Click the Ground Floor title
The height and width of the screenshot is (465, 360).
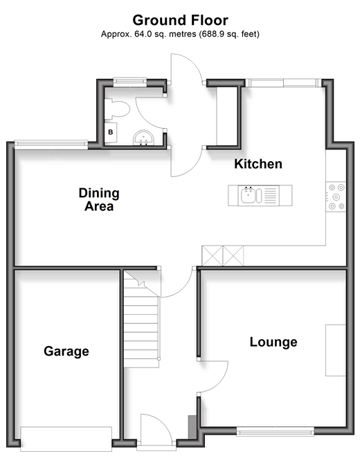pos(180,21)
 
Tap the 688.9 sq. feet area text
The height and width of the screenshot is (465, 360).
pos(229,34)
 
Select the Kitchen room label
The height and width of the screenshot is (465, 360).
pos(258,164)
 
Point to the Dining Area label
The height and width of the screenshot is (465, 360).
pos(99,199)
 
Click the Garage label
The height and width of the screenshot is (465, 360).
pos(66,352)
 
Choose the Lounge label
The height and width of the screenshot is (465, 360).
pos(273,342)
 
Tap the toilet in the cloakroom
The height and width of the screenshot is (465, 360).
pos(117,109)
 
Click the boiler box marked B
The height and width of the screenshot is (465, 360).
pos(110,132)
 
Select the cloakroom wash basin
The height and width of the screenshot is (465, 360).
pos(143,138)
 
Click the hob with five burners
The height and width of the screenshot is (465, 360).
pos(336,197)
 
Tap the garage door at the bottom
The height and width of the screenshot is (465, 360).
pos(66,439)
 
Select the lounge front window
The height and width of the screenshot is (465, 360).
pos(275,432)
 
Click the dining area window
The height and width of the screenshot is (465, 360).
pos(51,144)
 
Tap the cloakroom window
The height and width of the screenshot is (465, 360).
pos(130,82)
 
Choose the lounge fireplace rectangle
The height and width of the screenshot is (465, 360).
pos(336,351)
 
